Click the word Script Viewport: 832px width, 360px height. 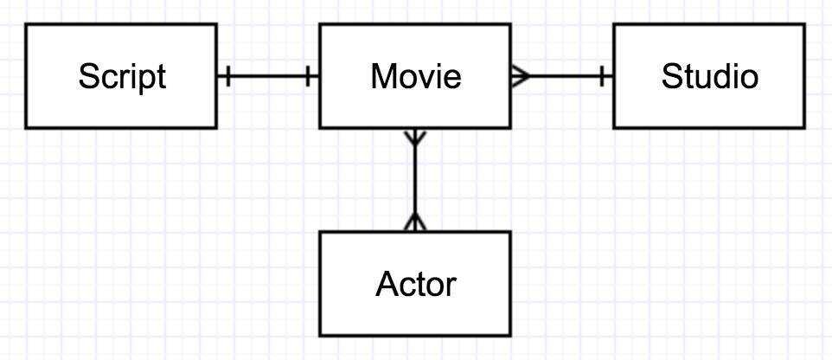click(x=121, y=77)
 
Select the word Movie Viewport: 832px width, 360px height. click(x=416, y=77)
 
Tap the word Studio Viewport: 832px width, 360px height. click(x=709, y=77)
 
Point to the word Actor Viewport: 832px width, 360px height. click(x=416, y=284)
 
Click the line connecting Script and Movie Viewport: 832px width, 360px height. click(x=268, y=77)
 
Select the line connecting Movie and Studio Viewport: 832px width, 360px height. click(x=562, y=77)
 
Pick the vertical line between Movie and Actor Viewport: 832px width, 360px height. click(x=416, y=180)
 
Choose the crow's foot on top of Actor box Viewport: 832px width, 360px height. click(x=416, y=222)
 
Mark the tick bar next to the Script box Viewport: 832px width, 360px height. click(x=227, y=77)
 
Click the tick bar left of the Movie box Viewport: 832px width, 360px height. click(x=309, y=77)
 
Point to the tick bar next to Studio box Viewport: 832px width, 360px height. click(x=602, y=77)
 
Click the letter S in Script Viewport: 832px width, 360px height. click(x=86, y=77)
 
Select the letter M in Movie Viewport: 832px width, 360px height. click(x=383, y=77)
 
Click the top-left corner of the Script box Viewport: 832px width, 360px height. click(x=26, y=25)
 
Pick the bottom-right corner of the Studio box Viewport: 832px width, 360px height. click(x=804, y=128)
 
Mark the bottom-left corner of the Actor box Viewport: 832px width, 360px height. click(x=320, y=335)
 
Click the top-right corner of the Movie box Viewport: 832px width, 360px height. click(x=510, y=25)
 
